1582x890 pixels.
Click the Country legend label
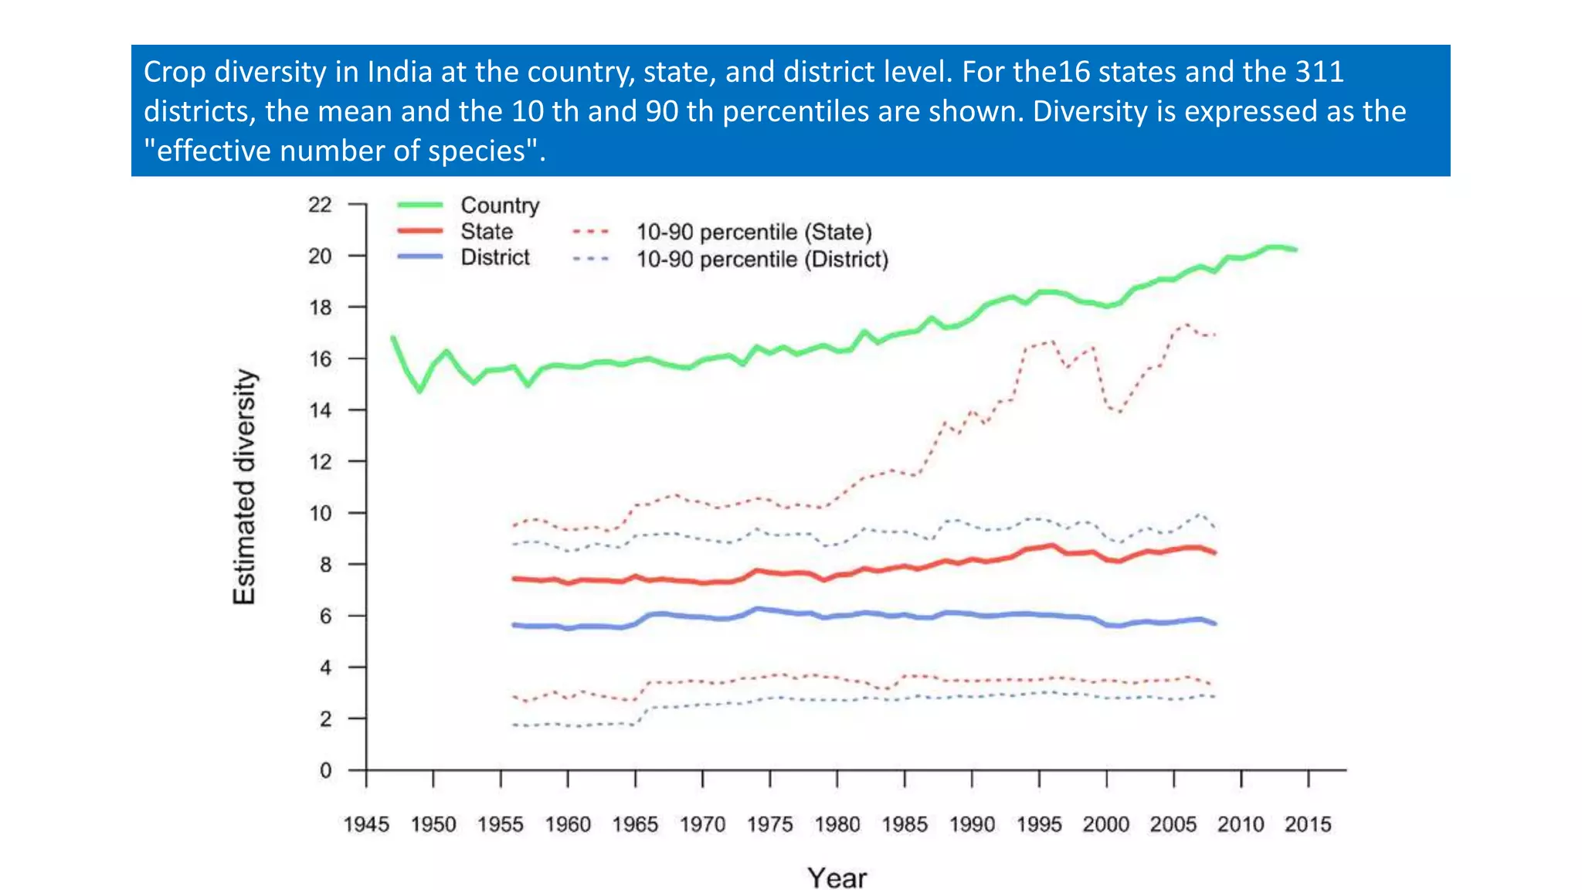point(500,206)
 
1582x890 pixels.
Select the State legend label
point(487,232)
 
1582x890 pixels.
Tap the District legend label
point(495,257)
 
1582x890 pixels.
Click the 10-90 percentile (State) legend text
point(754,233)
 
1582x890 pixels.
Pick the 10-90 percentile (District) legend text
point(762,260)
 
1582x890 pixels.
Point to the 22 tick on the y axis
point(320,205)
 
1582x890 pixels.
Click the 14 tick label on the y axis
point(320,410)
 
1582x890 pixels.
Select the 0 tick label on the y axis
point(325,770)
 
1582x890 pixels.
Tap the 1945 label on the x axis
point(366,824)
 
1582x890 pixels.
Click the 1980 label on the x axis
point(837,824)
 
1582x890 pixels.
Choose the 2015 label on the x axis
point(1308,824)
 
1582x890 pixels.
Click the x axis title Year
point(837,878)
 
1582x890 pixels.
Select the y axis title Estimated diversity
point(244,487)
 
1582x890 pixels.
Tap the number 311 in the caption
point(1319,72)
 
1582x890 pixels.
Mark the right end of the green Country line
point(1295,250)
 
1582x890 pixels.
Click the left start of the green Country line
point(393,338)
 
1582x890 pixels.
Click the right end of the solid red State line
point(1215,553)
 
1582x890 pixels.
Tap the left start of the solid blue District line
point(514,624)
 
